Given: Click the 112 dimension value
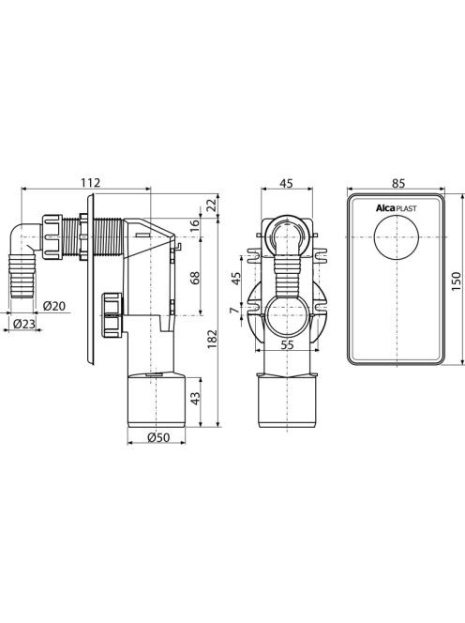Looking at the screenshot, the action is click(x=91, y=183).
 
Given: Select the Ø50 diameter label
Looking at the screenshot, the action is click(x=158, y=437).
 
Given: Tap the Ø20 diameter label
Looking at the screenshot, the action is click(x=54, y=306).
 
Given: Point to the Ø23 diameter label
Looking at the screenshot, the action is click(x=24, y=324).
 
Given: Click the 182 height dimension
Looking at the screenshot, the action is click(x=213, y=339).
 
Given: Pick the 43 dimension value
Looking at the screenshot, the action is click(x=195, y=399).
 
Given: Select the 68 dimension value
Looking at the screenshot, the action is click(x=195, y=278).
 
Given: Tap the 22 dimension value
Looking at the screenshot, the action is click(x=213, y=205).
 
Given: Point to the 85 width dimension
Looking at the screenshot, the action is click(x=397, y=183).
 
